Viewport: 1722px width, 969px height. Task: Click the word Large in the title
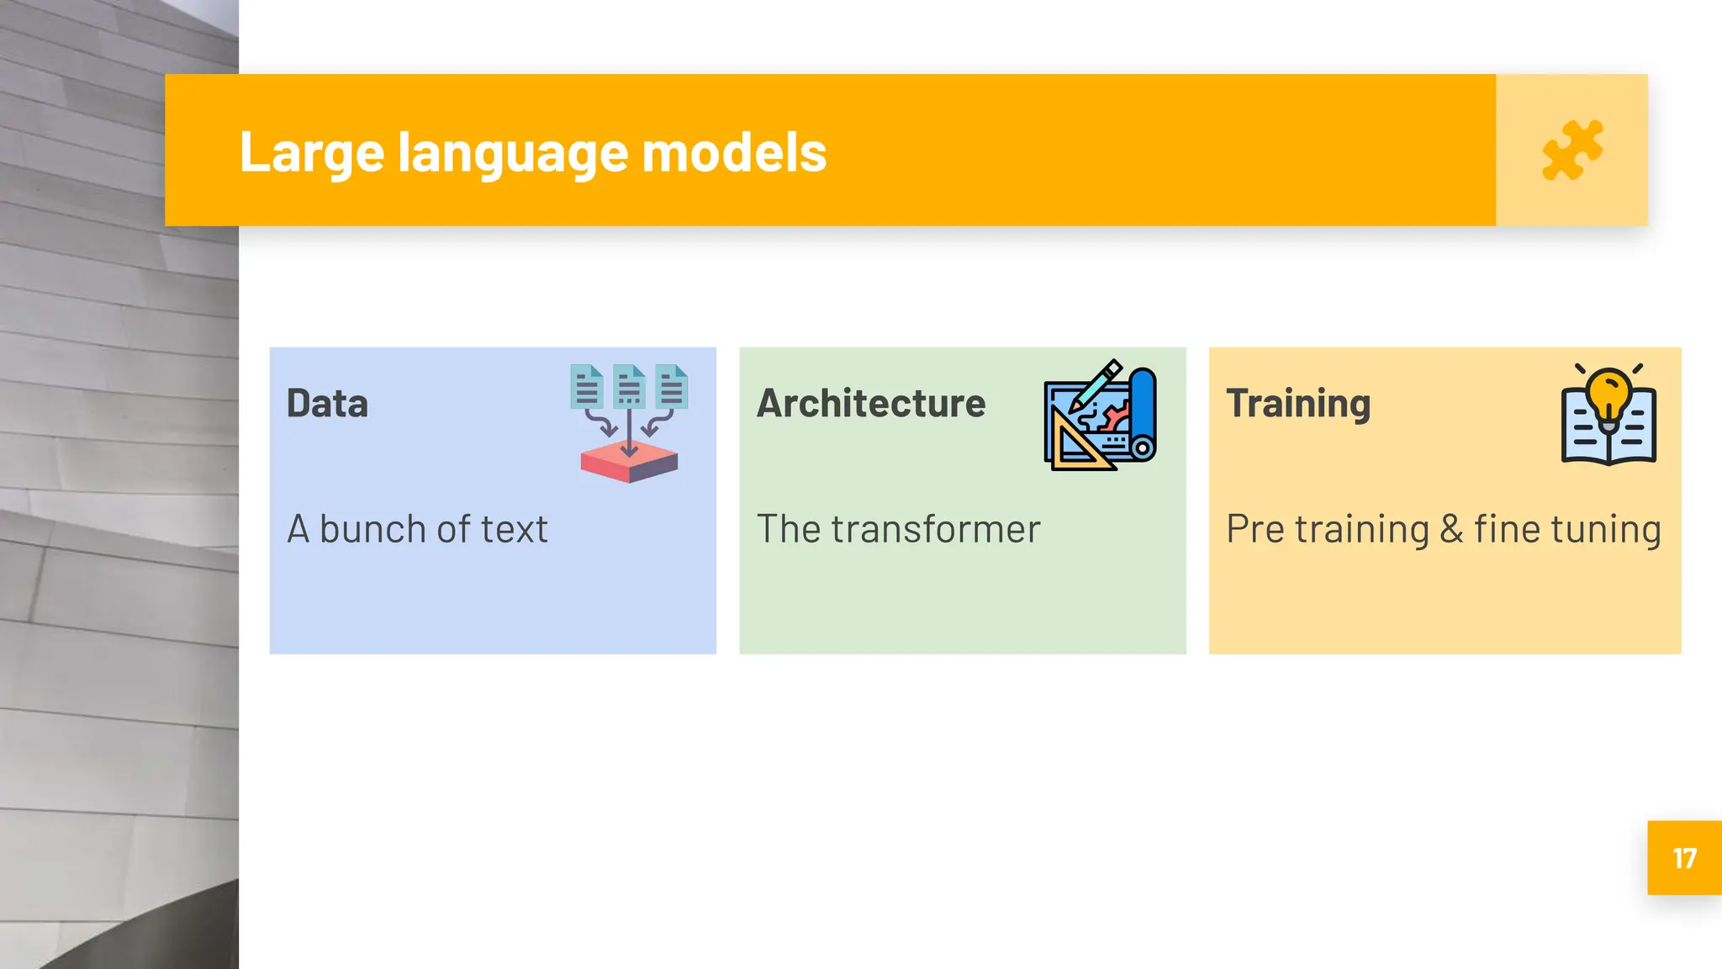point(311,153)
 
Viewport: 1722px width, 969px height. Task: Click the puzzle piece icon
point(1571,151)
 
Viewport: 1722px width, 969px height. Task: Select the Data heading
point(327,404)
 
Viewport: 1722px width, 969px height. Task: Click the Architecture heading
point(871,404)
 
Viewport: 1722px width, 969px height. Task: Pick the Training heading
point(1298,404)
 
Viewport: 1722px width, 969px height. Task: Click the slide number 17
point(1684,858)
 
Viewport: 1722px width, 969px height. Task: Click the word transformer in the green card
point(936,530)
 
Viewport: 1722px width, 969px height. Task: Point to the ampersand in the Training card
point(1451,530)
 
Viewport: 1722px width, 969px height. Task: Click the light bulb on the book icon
point(1608,394)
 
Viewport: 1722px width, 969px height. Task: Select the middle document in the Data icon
point(629,386)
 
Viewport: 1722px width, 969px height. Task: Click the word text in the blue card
point(514,530)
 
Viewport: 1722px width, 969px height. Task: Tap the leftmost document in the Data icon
point(586,386)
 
